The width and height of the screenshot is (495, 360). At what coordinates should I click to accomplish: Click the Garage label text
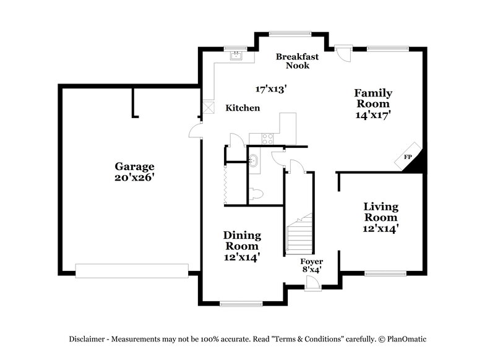(x=134, y=166)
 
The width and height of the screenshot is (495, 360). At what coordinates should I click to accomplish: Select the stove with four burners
(x=269, y=139)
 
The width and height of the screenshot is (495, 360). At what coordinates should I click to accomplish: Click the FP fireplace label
(x=408, y=158)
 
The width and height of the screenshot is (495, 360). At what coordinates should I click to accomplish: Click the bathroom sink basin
(x=254, y=160)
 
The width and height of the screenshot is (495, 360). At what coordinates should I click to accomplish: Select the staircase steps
(x=299, y=234)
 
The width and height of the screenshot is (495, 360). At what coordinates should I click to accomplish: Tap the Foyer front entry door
(x=313, y=283)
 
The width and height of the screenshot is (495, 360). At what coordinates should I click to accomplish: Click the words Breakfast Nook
(x=297, y=61)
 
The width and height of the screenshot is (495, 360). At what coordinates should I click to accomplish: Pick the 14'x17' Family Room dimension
(x=373, y=114)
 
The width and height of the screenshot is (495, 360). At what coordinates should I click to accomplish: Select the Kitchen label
(x=242, y=108)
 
